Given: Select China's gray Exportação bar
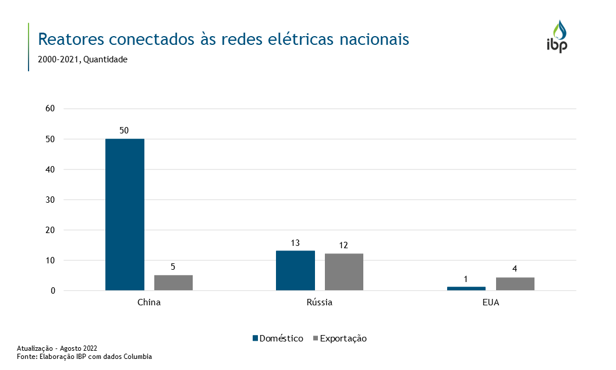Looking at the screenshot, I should click(x=174, y=283).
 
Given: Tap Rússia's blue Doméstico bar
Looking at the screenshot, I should click(x=295, y=270).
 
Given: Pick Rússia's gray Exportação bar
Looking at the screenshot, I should click(x=344, y=272).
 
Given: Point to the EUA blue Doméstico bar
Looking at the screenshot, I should click(x=466, y=288).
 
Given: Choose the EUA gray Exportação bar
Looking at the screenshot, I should click(x=515, y=284).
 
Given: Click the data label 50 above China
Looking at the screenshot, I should click(x=124, y=131).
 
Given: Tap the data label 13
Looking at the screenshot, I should click(x=295, y=242).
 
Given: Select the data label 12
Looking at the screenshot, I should click(x=344, y=245).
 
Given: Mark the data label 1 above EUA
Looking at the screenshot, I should click(x=466, y=279).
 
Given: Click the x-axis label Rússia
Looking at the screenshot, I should click(x=320, y=303).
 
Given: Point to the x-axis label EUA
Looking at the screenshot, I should click(x=490, y=303).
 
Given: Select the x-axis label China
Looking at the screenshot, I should click(x=149, y=303).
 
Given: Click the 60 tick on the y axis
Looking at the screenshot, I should click(x=50, y=108).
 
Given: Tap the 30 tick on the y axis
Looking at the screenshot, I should click(x=50, y=200).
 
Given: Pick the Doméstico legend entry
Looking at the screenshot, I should click(x=278, y=339).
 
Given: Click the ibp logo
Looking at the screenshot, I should click(x=557, y=37).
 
